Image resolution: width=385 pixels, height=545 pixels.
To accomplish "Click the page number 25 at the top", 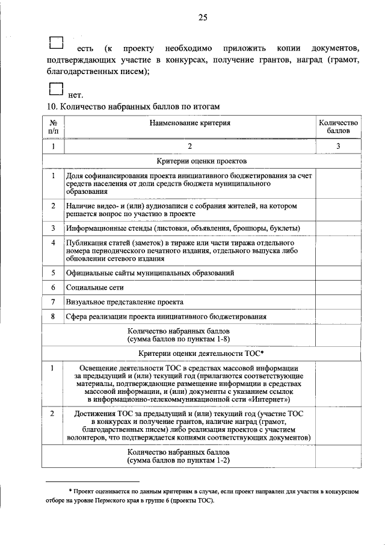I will click(202, 18).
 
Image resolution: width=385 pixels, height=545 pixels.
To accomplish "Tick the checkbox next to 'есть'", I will click(55, 42).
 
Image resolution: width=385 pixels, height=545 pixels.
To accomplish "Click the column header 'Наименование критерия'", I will click(190, 123).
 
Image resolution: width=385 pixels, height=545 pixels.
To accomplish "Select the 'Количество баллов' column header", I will click(338, 126).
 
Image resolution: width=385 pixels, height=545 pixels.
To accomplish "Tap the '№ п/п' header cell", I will click(53, 126).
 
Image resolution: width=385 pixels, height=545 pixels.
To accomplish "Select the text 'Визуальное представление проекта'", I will click(125, 302).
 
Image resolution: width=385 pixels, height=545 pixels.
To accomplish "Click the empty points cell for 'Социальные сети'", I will click(338, 287).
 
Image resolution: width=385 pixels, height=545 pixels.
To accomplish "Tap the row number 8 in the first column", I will click(53, 316).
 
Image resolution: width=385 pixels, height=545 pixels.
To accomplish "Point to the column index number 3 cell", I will click(338, 146).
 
